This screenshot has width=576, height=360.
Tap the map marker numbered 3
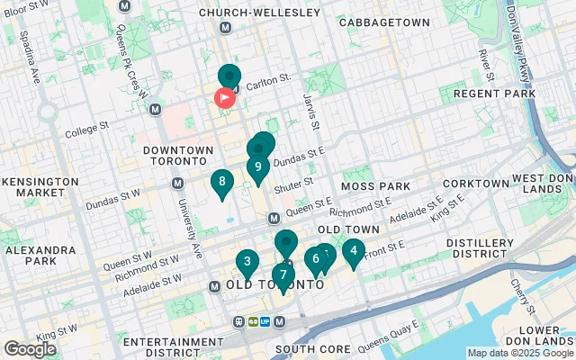[247, 263]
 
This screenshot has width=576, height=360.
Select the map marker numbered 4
[354, 252]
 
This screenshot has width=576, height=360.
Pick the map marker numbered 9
[258, 166]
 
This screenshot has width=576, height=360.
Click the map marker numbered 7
[283, 275]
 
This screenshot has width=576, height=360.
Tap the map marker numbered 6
[314, 259]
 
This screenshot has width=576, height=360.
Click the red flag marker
[224, 97]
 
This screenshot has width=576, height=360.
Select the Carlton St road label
[269, 80]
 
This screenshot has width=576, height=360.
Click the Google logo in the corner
[30, 349]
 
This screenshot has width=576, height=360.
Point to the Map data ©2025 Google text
[520, 353]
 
